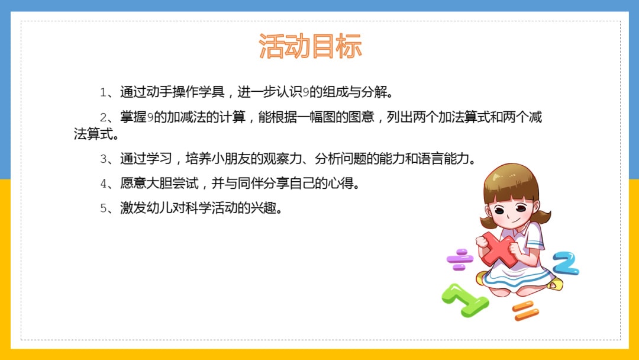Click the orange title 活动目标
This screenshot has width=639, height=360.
point(310,47)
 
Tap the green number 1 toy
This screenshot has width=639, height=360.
point(465,300)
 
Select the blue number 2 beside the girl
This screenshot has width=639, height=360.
point(566,263)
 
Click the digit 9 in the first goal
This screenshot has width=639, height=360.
point(306,92)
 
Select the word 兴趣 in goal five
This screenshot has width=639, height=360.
point(264,208)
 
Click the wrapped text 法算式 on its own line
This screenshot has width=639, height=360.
point(93,134)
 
